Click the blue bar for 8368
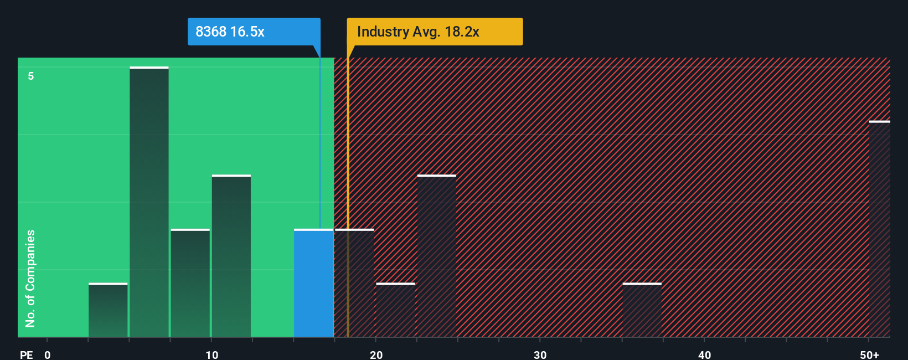[313, 283]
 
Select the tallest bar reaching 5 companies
[149, 202]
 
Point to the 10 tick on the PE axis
[211, 354]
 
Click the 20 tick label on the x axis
[376, 354]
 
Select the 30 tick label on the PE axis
[540, 354]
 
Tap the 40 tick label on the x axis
[704, 354]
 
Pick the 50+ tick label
[869, 354]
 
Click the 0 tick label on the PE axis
[48, 354]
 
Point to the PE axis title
[26, 354]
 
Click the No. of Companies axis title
[30, 278]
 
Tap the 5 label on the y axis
[31, 76]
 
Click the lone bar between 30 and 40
[642, 310]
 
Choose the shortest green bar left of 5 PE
[108, 310]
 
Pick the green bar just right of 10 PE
[231, 256]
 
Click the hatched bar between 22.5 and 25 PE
[436, 256]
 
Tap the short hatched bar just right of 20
[395, 310]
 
